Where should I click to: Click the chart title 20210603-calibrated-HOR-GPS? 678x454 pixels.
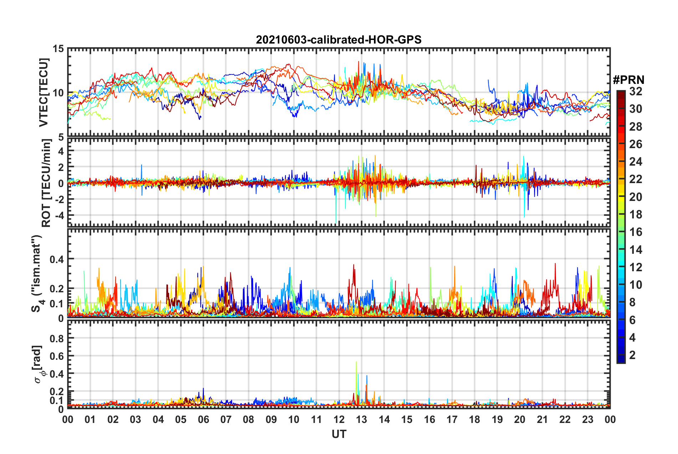pyautogui.click(x=339, y=40)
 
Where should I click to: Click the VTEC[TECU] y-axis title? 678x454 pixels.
pyautogui.click(x=43, y=92)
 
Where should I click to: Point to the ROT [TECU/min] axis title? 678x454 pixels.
pyautogui.click(x=46, y=183)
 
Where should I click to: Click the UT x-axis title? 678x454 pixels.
pyautogui.click(x=339, y=434)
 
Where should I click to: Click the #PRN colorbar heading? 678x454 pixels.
pyautogui.click(x=628, y=80)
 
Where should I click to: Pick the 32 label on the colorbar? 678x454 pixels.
pyautogui.click(x=636, y=91)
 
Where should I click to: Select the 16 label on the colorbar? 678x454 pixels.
pyautogui.click(x=636, y=232)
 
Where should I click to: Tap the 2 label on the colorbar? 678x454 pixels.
pyautogui.click(x=632, y=355)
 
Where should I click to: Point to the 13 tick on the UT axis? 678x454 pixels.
pyautogui.click(x=361, y=419)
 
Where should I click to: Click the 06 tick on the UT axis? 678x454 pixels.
pyautogui.click(x=203, y=419)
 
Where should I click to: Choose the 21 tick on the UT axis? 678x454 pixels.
pyautogui.click(x=542, y=419)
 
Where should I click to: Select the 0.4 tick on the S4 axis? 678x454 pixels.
pyautogui.click(x=57, y=259)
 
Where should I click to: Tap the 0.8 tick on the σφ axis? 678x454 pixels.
pyautogui.click(x=57, y=338)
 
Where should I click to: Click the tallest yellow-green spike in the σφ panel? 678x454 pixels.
pyautogui.click(x=356, y=362)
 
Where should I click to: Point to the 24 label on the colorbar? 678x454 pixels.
pyautogui.click(x=636, y=162)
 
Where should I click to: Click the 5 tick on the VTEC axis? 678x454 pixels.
pyautogui.click(x=61, y=137)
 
